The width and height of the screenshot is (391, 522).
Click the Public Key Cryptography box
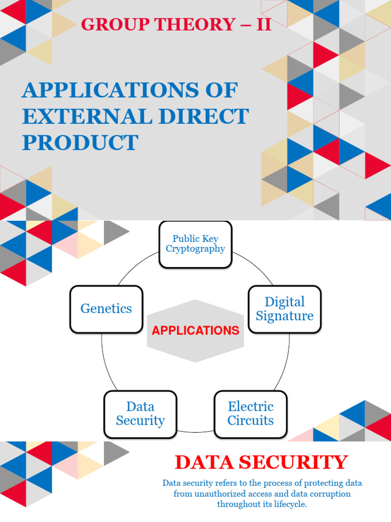coord(195,244)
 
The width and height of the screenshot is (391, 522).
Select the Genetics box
coord(106,309)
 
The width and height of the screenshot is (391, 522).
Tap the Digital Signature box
coord(285,309)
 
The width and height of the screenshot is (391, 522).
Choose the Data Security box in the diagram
coord(140,414)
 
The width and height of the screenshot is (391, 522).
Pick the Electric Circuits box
coord(250,414)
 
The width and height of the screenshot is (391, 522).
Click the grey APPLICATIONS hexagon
coord(195,331)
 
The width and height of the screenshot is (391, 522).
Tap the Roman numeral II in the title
coord(263,24)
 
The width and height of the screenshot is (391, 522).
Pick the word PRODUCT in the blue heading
coord(80,143)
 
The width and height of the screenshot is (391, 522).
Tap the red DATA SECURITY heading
coord(261,462)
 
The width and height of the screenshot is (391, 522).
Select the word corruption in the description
coord(329,494)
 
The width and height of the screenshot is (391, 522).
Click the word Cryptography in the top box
coord(195,249)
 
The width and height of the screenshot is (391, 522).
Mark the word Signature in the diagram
coord(285,316)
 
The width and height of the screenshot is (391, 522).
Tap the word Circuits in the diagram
coord(250,421)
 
